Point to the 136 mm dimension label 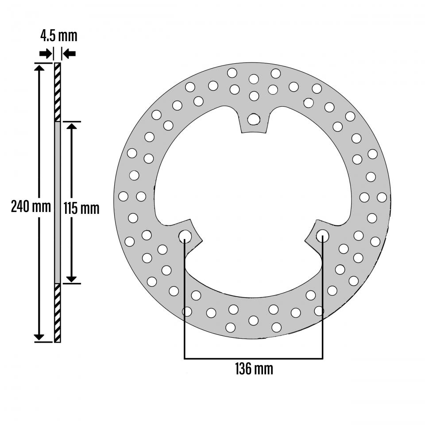(x=253, y=368)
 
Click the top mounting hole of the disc (x=254, y=119)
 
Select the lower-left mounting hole (x=185, y=236)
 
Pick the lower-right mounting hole (x=322, y=236)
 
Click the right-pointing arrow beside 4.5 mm (x=45, y=54)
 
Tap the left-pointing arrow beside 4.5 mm (x=70, y=54)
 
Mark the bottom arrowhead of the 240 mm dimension (x=39, y=337)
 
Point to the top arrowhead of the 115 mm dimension (x=71, y=127)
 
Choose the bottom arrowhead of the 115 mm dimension (x=71, y=278)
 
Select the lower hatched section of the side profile (x=57, y=313)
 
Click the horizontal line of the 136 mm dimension (x=253, y=358)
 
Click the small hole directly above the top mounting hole (x=254, y=96)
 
